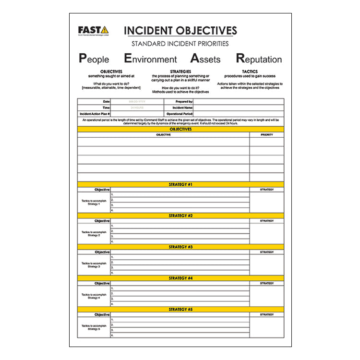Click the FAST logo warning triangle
tap(104, 30)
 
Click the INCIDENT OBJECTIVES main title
tap(180, 31)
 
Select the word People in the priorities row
tap(94, 59)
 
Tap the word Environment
tap(150, 59)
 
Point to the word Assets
tap(205, 59)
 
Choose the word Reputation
tap(259, 59)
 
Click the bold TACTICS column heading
tap(250, 72)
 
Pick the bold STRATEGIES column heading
tap(180, 72)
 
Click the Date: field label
tap(107, 102)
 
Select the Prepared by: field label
tap(184, 102)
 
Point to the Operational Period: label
tap(180, 114)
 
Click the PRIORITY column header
tap(267, 135)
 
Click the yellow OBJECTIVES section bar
tap(180, 129)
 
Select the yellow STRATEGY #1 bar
tap(180, 184)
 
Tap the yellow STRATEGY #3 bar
tap(180, 247)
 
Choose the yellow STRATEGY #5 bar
tap(180, 310)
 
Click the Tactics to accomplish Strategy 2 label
tap(94, 234)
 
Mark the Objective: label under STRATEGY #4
tap(102, 283)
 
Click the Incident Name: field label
tap(183, 108)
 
